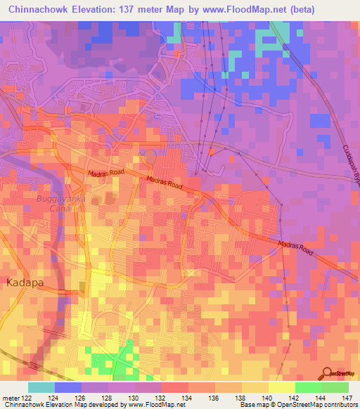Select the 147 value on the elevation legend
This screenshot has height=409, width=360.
[347, 398]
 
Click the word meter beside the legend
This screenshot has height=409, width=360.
[10, 398]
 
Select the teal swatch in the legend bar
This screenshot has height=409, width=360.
[41, 387]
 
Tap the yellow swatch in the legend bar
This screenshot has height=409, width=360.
[281, 387]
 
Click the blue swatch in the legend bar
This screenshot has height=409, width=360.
[67, 387]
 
